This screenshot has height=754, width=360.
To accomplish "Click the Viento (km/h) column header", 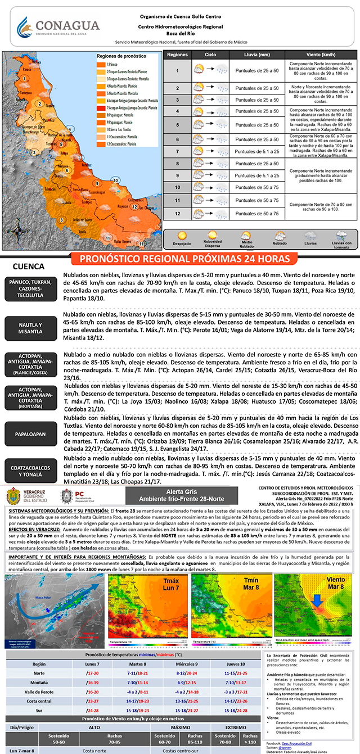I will pyautogui.click(x=321, y=56).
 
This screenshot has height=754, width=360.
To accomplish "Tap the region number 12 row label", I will pyautogui.click(x=177, y=214).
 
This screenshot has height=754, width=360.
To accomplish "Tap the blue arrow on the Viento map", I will pyautogui.click(x=318, y=600).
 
